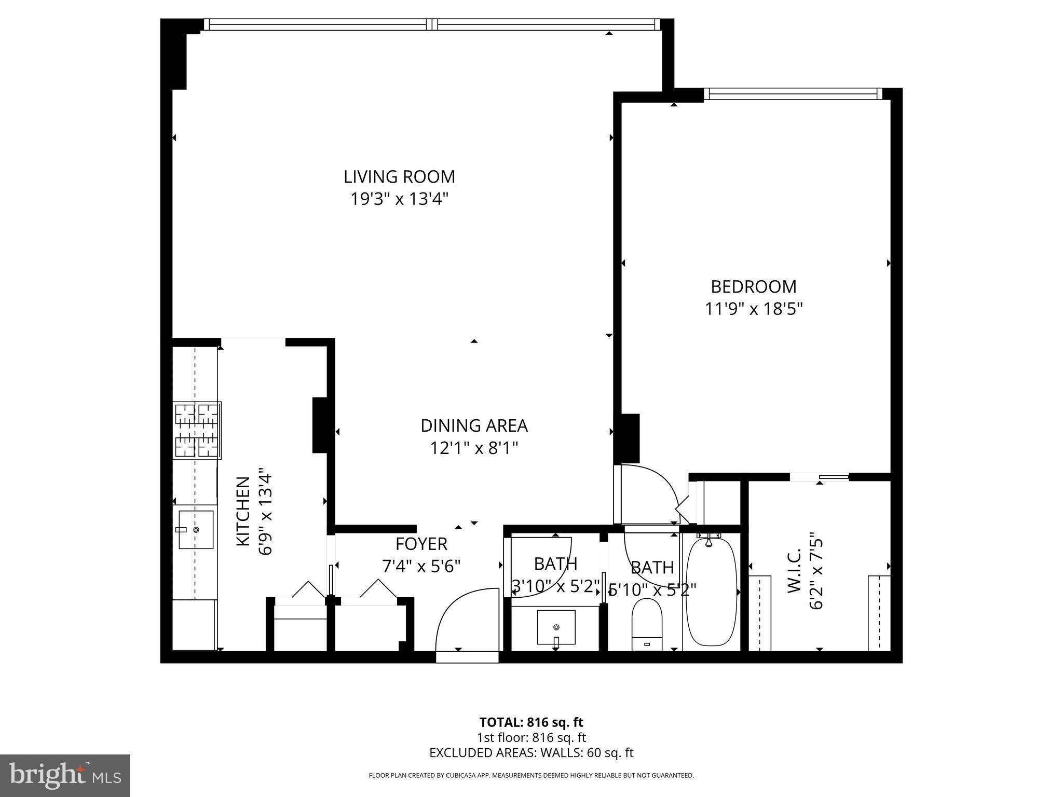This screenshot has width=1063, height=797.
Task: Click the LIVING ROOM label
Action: click(399, 177)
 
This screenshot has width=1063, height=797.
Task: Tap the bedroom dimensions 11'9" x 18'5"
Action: click(753, 309)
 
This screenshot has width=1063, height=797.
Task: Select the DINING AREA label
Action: click(474, 425)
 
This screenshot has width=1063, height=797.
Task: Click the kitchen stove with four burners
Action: click(197, 430)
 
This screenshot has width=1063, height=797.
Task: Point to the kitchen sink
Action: click(196, 529)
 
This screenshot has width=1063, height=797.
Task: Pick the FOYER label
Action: click(421, 544)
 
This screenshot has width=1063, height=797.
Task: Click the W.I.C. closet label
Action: click(794, 571)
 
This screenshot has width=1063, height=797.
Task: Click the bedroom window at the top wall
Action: click(793, 94)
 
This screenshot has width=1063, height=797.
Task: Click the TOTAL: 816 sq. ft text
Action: click(531, 722)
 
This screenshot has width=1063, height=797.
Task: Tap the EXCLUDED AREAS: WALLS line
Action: click(531, 753)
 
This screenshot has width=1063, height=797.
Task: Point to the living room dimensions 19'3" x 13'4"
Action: click(399, 199)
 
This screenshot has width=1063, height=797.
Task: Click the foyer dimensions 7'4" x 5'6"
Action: click(421, 566)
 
